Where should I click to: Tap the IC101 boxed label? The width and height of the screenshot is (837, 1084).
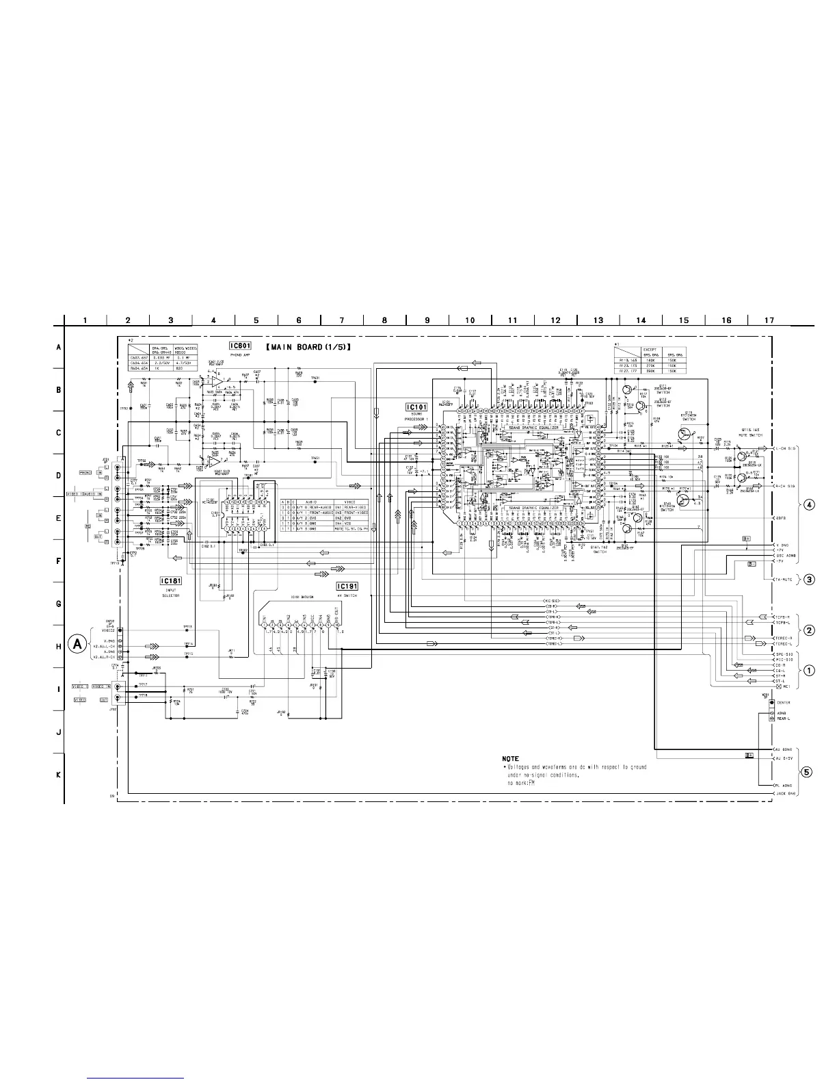pyautogui.click(x=416, y=407)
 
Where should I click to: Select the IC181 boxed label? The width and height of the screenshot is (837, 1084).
pyautogui.click(x=170, y=581)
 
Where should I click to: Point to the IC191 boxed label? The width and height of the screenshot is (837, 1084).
pyautogui.click(x=347, y=586)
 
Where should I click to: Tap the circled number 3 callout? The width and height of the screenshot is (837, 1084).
pyautogui.click(x=808, y=580)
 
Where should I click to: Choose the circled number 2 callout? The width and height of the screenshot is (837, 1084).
pyautogui.click(x=808, y=630)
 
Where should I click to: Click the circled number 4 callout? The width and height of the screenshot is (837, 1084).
pyautogui.click(x=808, y=505)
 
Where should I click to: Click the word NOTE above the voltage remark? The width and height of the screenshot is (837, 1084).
pyautogui.click(x=510, y=759)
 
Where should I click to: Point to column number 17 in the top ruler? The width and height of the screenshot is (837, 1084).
pyautogui.click(x=769, y=320)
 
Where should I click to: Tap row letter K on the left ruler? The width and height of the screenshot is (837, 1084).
pyautogui.click(x=59, y=775)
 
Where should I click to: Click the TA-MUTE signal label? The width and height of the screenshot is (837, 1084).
pyautogui.click(x=784, y=580)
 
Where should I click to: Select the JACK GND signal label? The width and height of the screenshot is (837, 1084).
pyautogui.click(x=784, y=794)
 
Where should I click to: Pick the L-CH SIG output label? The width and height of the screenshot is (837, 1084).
pyautogui.click(x=784, y=448)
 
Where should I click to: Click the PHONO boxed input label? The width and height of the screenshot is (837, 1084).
pyautogui.click(x=85, y=472)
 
